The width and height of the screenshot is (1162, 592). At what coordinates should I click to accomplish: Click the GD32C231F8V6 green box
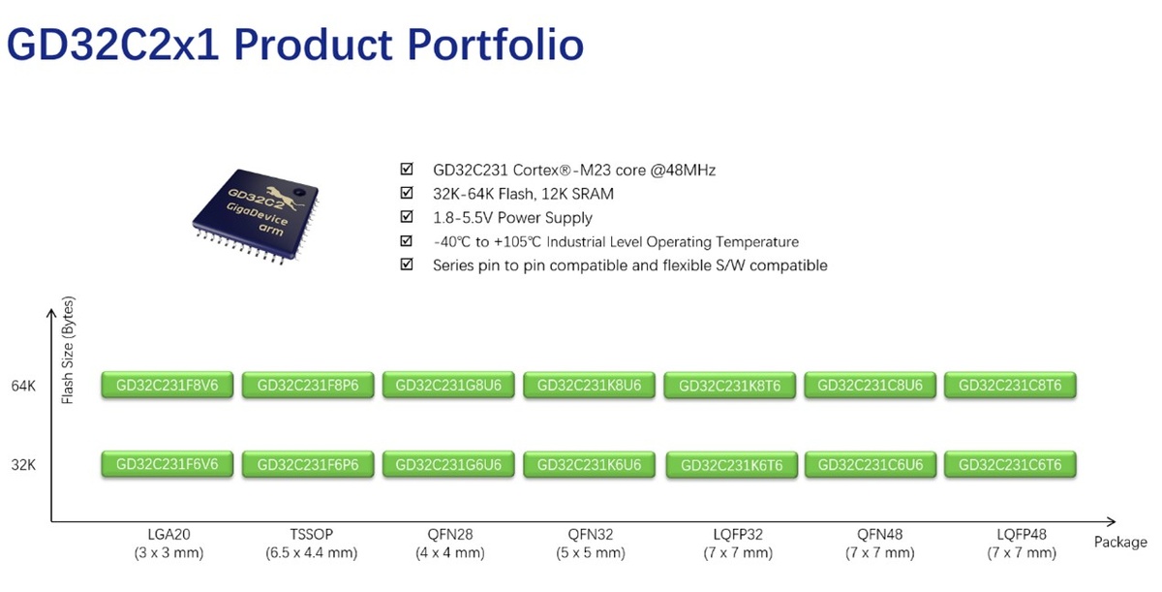pyautogui.click(x=168, y=385)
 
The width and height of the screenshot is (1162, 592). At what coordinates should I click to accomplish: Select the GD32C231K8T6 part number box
pyautogui.click(x=730, y=386)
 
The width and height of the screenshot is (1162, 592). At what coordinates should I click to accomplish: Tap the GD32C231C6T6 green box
pyautogui.click(x=1010, y=465)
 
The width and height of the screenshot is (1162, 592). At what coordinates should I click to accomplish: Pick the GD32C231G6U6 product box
pyautogui.click(x=448, y=465)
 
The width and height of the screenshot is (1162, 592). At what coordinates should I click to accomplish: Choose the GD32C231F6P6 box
pyautogui.click(x=308, y=465)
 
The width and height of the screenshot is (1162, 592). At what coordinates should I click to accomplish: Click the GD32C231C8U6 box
pyautogui.click(x=870, y=385)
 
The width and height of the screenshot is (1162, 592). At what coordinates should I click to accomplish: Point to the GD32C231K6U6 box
pyautogui.click(x=589, y=465)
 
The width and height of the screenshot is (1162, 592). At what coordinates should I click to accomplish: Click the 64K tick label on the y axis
pyautogui.click(x=23, y=386)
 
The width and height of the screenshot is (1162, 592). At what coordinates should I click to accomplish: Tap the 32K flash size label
pyautogui.click(x=23, y=465)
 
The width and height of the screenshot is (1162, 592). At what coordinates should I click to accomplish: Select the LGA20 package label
pyautogui.click(x=168, y=534)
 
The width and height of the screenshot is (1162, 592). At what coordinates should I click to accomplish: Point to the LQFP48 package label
pyautogui.click(x=1021, y=534)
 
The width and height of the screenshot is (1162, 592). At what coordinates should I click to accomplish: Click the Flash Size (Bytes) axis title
pyautogui.click(x=68, y=350)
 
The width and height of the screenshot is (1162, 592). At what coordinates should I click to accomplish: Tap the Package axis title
pyautogui.click(x=1120, y=542)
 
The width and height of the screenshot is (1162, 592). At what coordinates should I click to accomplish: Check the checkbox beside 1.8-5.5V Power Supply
pyautogui.click(x=407, y=217)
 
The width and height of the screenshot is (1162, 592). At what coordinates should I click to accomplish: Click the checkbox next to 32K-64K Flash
pyautogui.click(x=407, y=194)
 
